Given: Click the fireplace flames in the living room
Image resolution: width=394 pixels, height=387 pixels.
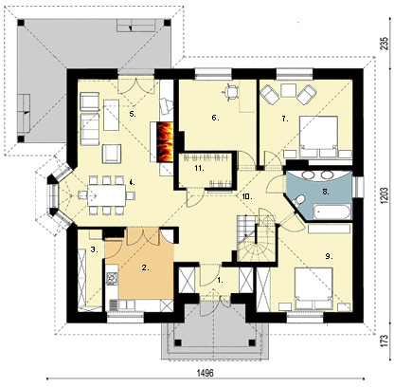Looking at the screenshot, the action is pos(165,141).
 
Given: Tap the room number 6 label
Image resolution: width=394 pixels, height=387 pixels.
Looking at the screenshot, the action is pos(215,118).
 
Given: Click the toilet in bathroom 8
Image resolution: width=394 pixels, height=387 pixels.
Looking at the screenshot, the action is pos(297,201).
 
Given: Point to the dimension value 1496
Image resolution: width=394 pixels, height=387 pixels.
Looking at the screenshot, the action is pos(206,373).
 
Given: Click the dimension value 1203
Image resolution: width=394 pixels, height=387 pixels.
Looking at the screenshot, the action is pos(384,195).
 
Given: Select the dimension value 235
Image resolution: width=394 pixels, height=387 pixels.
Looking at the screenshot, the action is pos(384,44).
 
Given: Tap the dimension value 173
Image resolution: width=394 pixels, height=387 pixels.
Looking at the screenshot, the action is pos(384,341).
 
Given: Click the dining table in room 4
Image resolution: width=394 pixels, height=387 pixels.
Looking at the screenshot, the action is pos(106,195).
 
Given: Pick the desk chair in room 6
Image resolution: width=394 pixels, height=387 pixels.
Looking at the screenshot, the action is pos(231,91).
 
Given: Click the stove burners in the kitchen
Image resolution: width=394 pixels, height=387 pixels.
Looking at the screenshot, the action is pos(112,279).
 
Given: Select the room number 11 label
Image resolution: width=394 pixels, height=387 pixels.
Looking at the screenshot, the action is pos(199,168).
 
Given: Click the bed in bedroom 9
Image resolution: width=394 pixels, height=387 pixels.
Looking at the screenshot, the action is pos(313,288).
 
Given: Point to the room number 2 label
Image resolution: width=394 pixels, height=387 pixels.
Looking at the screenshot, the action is pos(145,267).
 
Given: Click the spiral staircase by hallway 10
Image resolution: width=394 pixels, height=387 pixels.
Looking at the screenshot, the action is pos(257,239).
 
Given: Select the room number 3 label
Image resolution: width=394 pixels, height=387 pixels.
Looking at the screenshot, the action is pos(94,249).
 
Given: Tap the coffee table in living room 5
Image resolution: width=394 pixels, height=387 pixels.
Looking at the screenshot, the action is pos(111,115).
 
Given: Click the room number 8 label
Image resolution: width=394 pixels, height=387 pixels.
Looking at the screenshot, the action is pos(326,192).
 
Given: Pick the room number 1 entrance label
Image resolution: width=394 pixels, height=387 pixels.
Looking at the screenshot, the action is pos(220,280).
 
